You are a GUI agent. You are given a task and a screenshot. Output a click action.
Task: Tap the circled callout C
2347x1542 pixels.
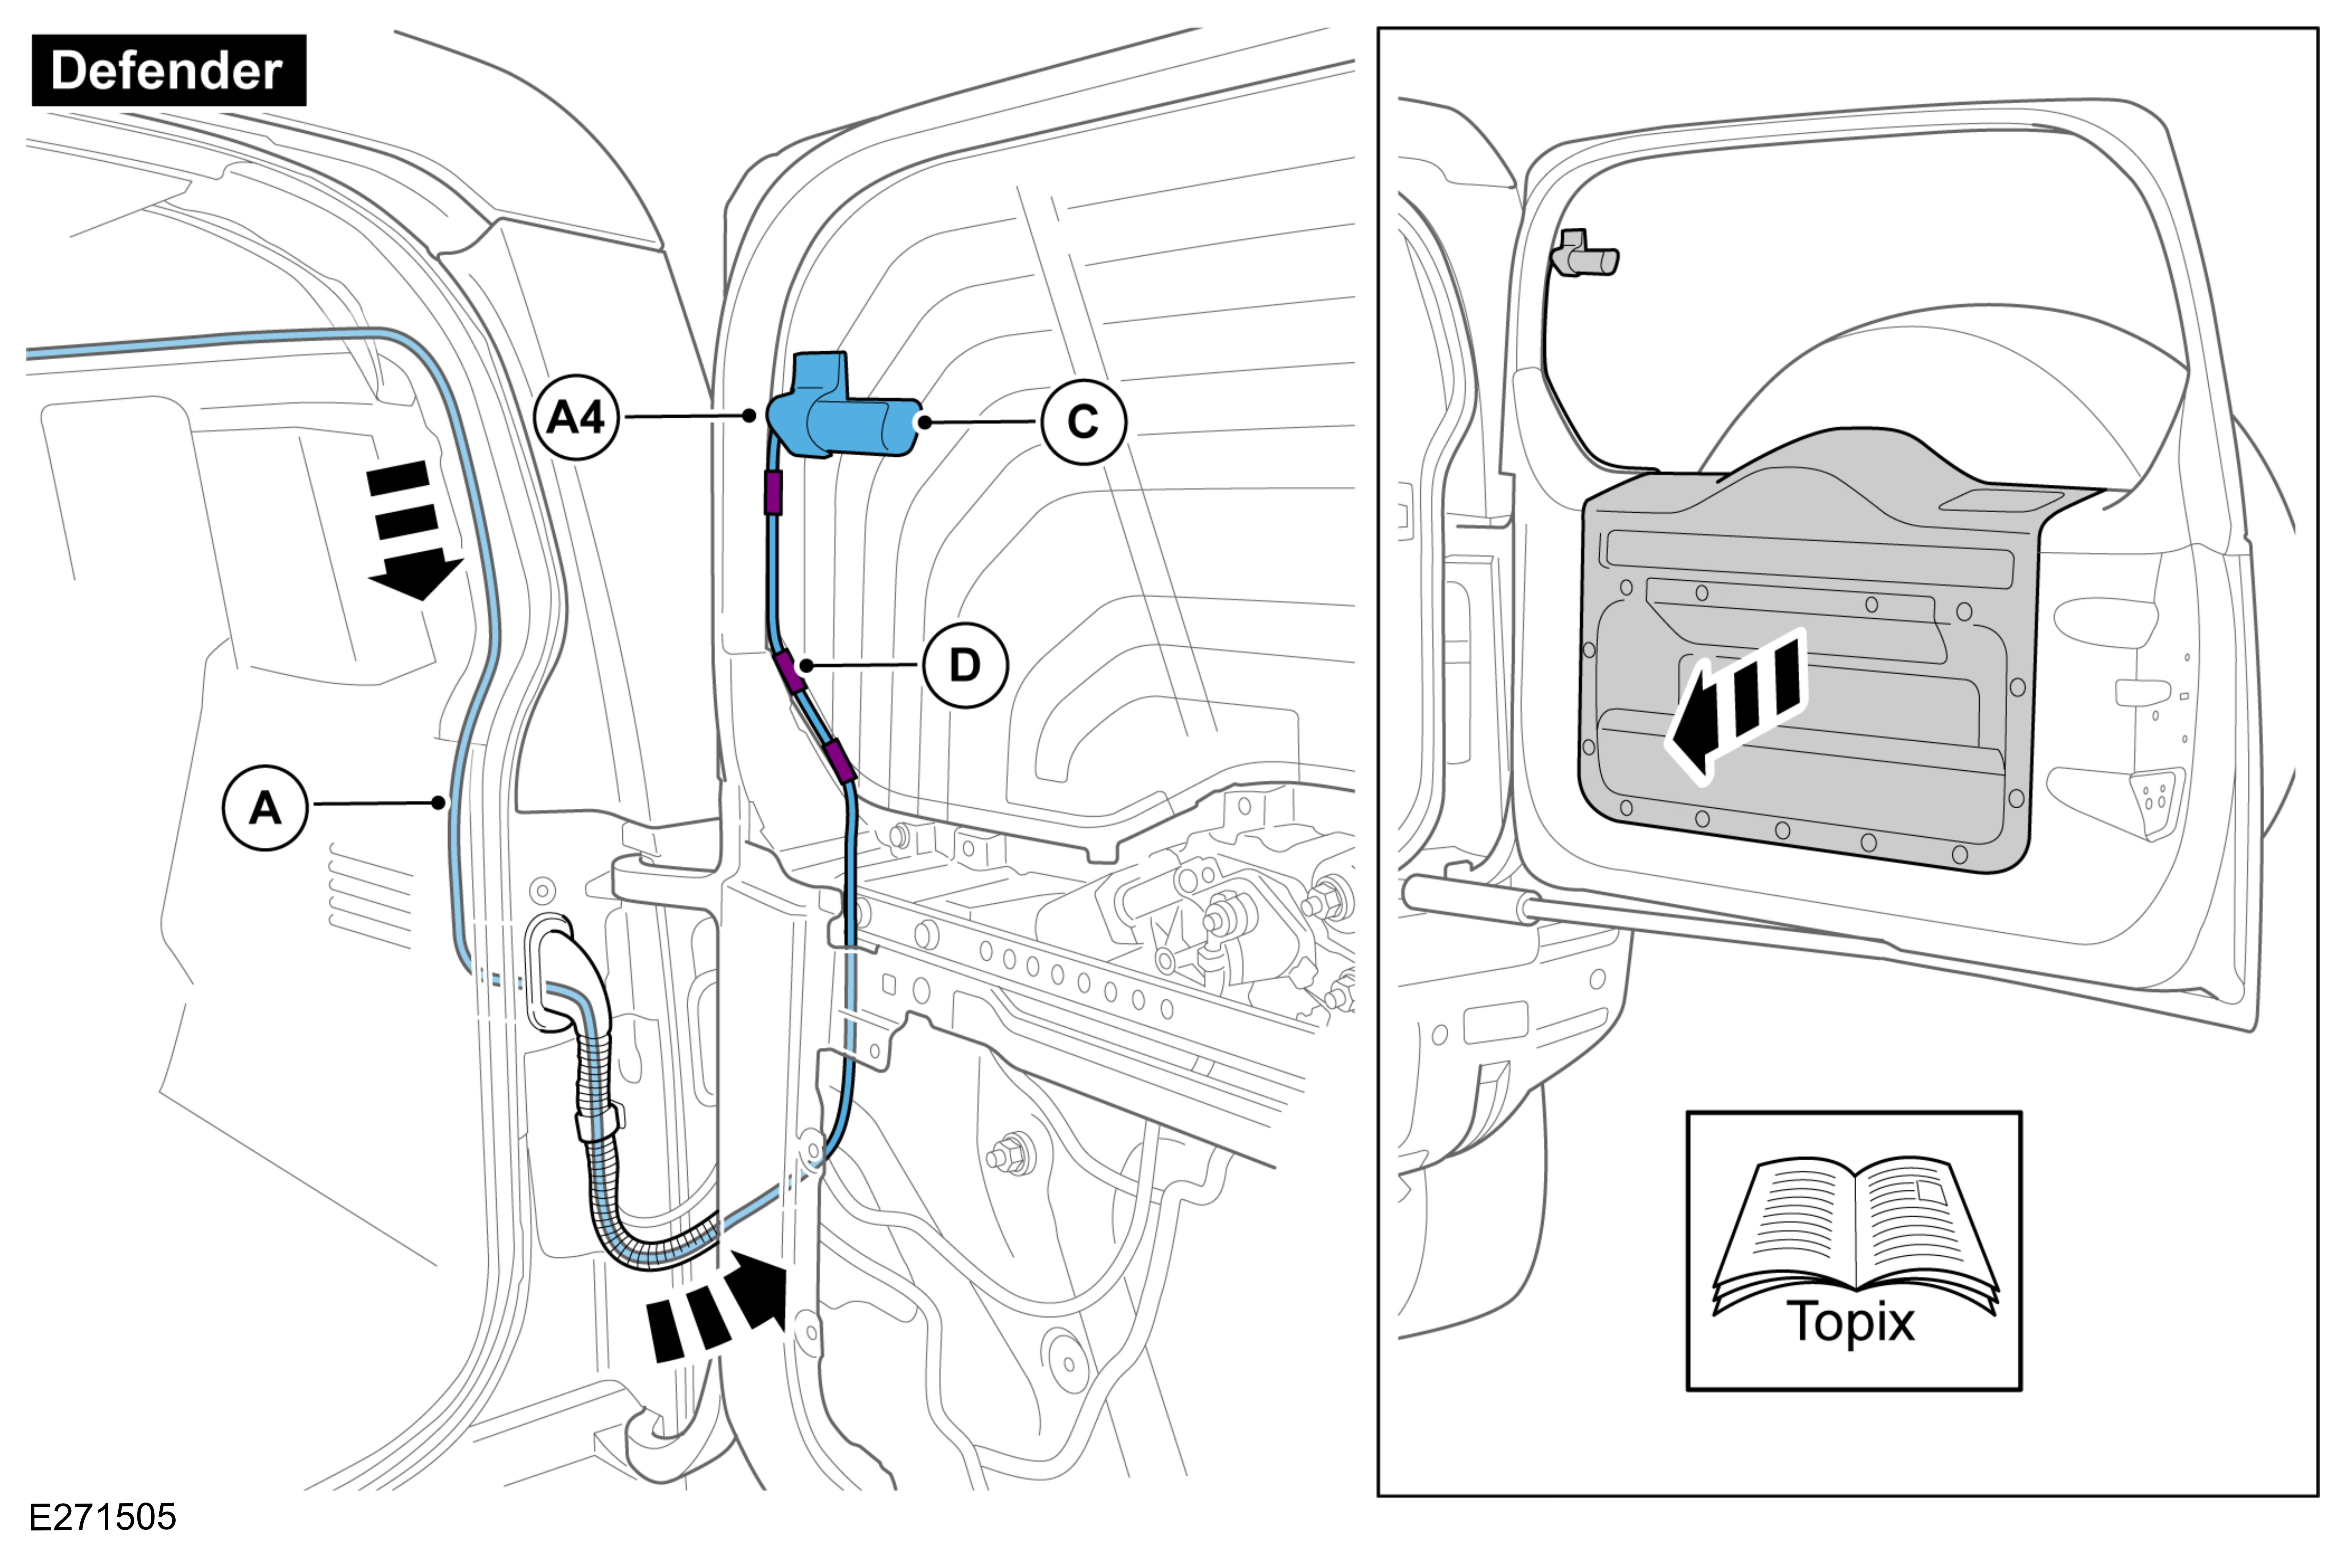pos(1083,422)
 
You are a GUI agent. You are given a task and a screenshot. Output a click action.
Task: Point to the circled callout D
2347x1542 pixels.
pos(965,666)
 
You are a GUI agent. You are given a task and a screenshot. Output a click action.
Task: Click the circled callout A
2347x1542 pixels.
pos(264,808)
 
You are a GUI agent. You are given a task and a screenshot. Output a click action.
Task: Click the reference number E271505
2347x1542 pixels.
pos(103,1515)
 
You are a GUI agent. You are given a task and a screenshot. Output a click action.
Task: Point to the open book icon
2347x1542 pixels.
pos(1854,1232)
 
